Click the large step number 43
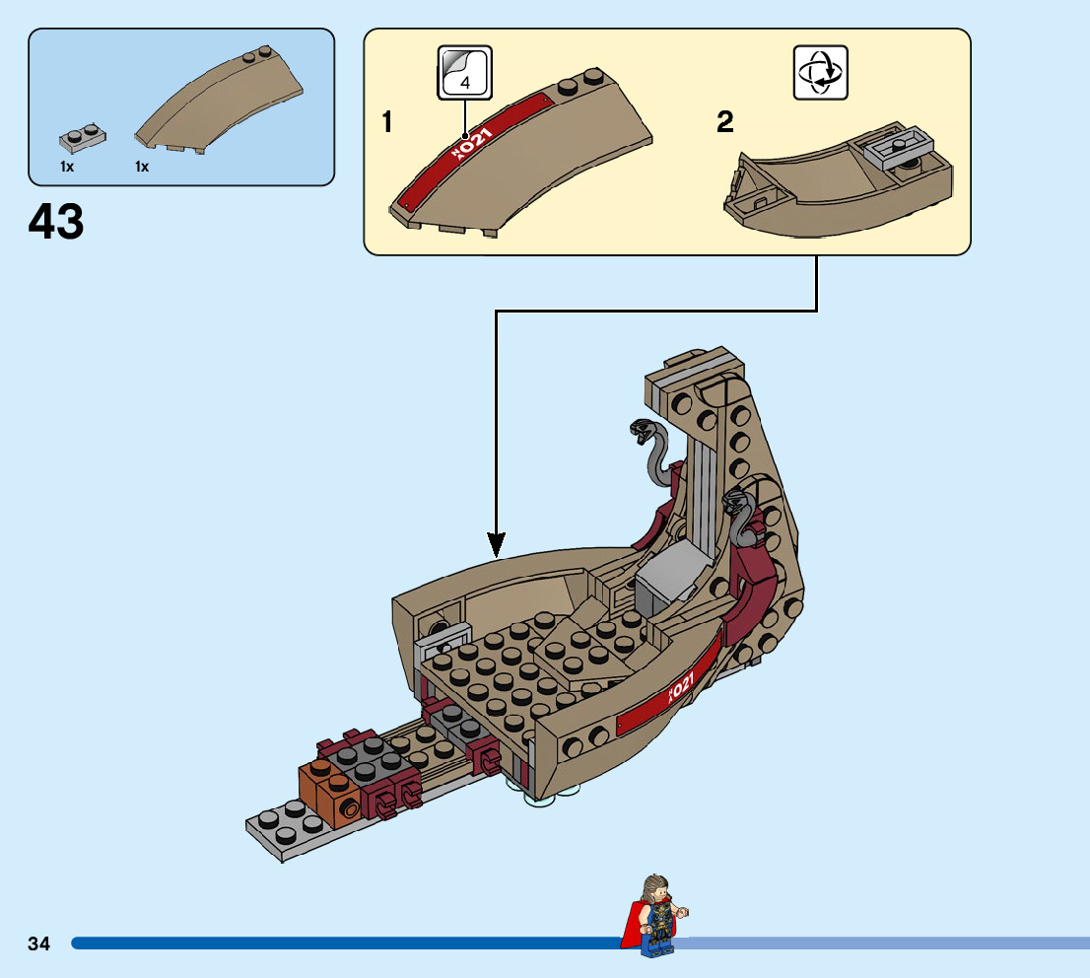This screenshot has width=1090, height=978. (56, 223)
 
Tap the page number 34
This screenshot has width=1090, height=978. (39, 943)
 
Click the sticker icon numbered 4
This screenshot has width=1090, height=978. (465, 72)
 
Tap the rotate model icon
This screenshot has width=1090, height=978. (820, 72)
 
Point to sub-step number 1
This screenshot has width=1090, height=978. (388, 123)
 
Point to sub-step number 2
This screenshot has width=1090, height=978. (725, 123)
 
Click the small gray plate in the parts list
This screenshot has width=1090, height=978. (81, 137)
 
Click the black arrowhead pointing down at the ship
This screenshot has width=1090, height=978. (497, 543)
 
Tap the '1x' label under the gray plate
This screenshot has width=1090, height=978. (67, 168)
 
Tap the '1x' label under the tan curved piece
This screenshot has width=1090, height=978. (142, 168)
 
